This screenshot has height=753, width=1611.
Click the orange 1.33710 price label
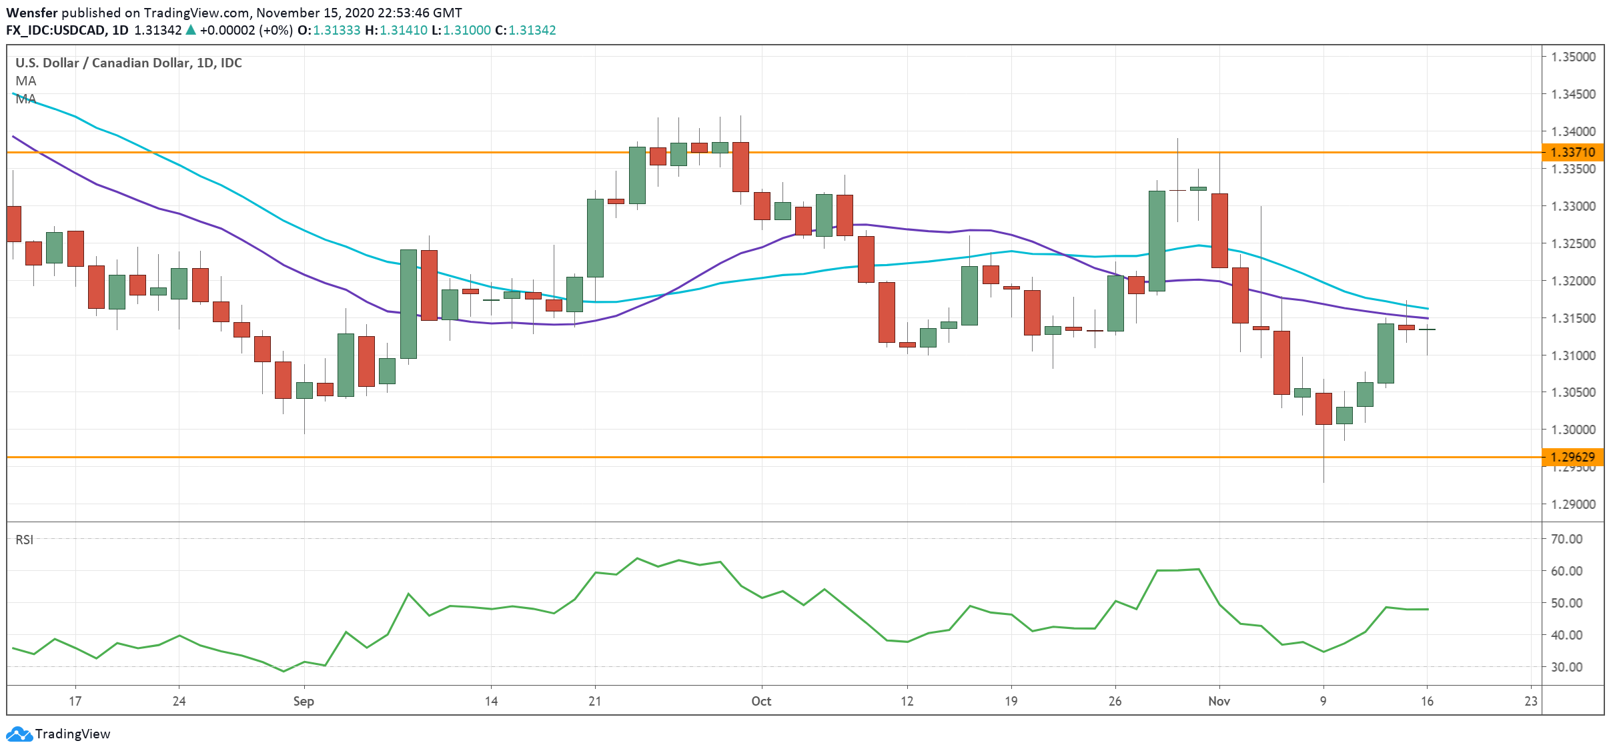[x=1573, y=152]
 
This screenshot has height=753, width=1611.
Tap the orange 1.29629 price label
[x=1573, y=457]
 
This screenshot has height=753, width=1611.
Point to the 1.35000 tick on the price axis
[x=1573, y=57]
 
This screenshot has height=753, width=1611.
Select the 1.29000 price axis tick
[x=1573, y=504]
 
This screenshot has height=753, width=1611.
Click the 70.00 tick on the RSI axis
[x=1566, y=539]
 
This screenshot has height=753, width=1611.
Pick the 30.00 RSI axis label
[x=1566, y=667]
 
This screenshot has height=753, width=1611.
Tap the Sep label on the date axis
[x=304, y=701]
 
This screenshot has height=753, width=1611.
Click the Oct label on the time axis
[x=761, y=701]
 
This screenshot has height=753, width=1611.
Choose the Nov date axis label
[x=1219, y=701]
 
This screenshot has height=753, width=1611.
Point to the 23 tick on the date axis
[x=1531, y=701]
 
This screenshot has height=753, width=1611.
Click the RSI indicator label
[x=25, y=540]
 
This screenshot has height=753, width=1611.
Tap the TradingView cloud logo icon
[x=19, y=734]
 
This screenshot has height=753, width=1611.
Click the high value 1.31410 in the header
[x=404, y=30]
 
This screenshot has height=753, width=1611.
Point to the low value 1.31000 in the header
[x=467, y=30]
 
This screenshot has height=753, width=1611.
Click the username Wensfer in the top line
[x=31, y=13]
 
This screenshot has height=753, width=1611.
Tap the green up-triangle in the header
[x=191, y=30]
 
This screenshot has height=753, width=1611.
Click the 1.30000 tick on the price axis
[x=1573, y=430]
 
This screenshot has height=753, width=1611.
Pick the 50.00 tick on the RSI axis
[x=1566, y=603]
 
